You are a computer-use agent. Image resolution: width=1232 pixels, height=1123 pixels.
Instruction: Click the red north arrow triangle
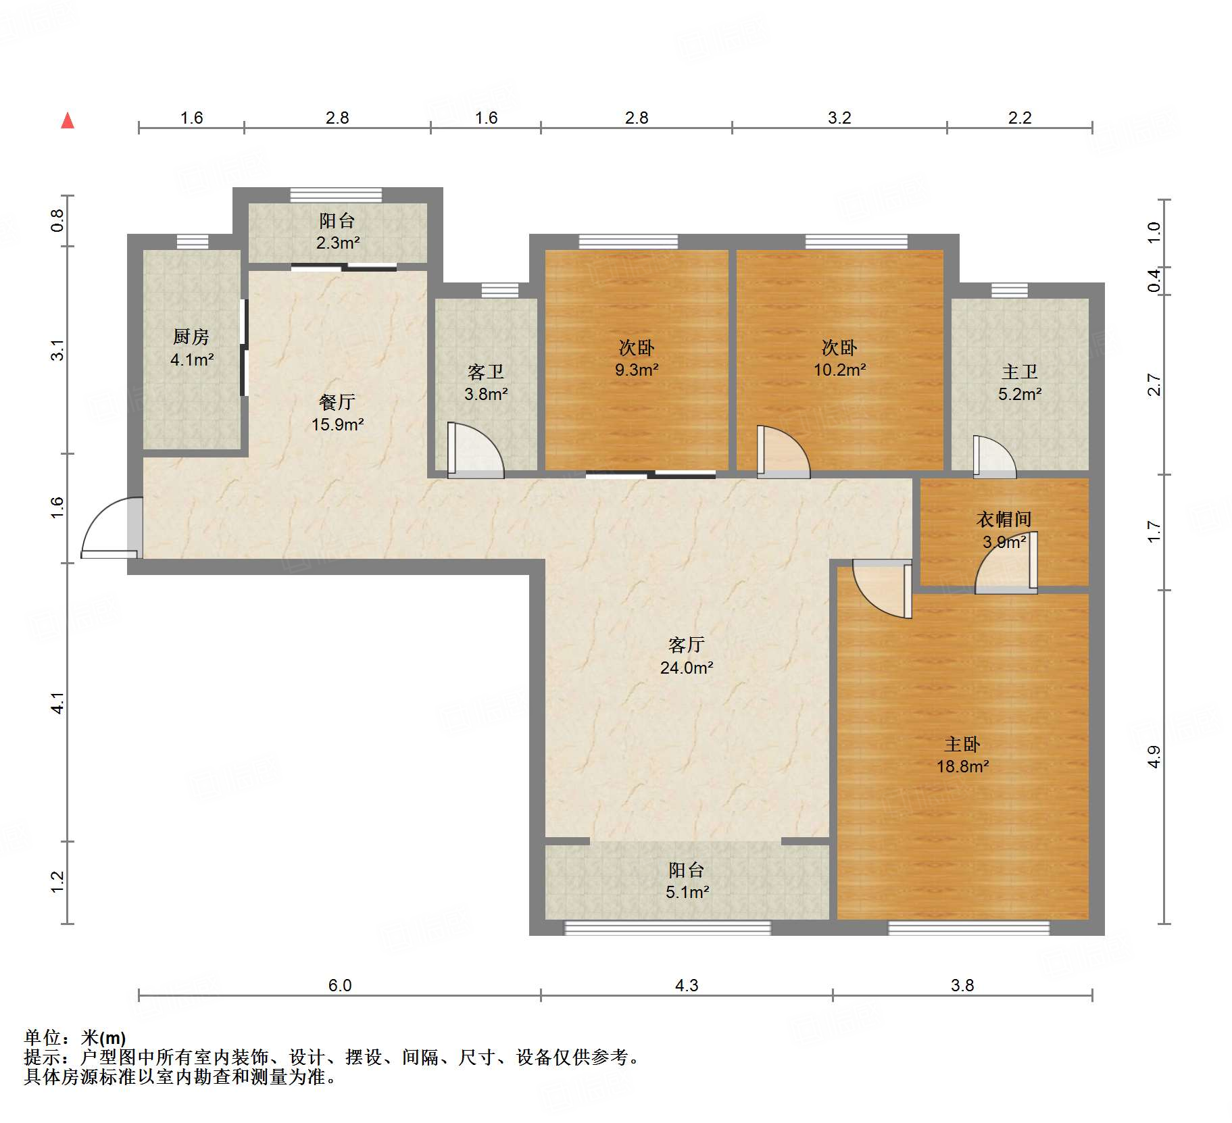(x=68, y=120)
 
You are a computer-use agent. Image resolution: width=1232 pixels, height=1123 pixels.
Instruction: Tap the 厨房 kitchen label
(x=191, y=336)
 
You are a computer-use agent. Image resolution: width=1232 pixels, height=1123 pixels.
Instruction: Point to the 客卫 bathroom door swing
(x=475, y=449)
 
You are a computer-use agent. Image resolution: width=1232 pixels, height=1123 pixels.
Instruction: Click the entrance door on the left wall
(x=112, y=528)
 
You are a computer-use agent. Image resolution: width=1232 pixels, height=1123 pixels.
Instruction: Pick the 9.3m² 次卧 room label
(x=637, y=358)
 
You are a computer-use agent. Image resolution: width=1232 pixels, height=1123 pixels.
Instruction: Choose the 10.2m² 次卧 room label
(x=839, y=358)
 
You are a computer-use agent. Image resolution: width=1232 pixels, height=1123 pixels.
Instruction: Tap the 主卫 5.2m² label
(x=1020, y=382)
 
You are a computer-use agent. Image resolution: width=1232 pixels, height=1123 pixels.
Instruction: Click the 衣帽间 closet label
(x=1004, y=519)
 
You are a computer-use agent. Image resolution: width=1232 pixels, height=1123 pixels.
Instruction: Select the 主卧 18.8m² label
(x=962, y=755)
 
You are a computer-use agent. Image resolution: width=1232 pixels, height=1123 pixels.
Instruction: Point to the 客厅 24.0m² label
(x=687, y=656)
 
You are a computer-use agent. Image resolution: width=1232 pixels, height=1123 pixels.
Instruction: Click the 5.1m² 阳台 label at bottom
(x=687, y=880)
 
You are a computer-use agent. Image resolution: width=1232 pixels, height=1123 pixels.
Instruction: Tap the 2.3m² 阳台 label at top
(x=337, y=231)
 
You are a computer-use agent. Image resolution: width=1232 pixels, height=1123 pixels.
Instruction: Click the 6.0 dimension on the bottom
(x=340, y=985)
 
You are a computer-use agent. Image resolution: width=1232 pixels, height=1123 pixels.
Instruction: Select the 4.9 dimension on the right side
(x=1154, y=756)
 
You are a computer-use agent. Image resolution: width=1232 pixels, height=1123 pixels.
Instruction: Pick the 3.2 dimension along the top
(x=839, y=118)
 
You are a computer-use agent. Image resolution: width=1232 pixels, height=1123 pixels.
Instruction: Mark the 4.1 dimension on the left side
(x=58, y=703)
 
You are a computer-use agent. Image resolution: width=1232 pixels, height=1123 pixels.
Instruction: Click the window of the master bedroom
(x=968, y=928)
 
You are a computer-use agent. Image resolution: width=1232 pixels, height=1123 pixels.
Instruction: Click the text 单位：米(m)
(x=75, y=1037)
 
